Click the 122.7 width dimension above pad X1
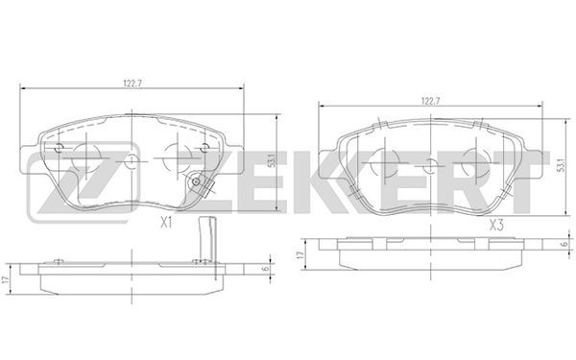pos(132,84)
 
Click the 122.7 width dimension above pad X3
pos(431,101)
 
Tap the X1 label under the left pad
pos(166,223)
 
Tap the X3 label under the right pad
pos(496,225)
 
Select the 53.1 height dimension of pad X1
pos(272,160)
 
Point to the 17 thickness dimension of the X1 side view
pos(5,279)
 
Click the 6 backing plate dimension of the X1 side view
pos(266,269)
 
